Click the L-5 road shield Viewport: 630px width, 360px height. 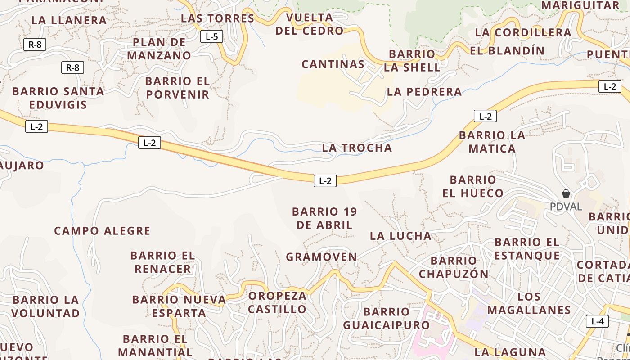(211, 36)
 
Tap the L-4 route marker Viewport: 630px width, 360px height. (597, 321)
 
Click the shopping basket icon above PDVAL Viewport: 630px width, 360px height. (566, 193)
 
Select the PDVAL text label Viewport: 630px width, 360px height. (566, 207)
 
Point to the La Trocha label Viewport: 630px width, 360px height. (357, 148)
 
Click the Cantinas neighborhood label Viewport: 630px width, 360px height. (333, 64)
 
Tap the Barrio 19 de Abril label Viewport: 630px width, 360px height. (324, 218)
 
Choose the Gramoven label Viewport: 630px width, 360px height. (321, 257)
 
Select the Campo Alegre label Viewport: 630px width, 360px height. (102, 231)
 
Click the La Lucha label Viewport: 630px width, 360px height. (400, 236)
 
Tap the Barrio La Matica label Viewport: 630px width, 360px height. (492, 142)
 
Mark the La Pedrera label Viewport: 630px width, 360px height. (424, 92)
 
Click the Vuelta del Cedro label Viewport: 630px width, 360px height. (310, 24)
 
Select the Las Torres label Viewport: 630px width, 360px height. (217, 18)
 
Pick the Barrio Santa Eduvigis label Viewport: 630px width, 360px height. (58, 98)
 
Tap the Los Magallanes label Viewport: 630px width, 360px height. (529, 303)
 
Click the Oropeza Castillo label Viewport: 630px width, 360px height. (277, 302)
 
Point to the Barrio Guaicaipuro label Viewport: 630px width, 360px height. (387, 318)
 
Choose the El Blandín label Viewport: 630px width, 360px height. (507, 50)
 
